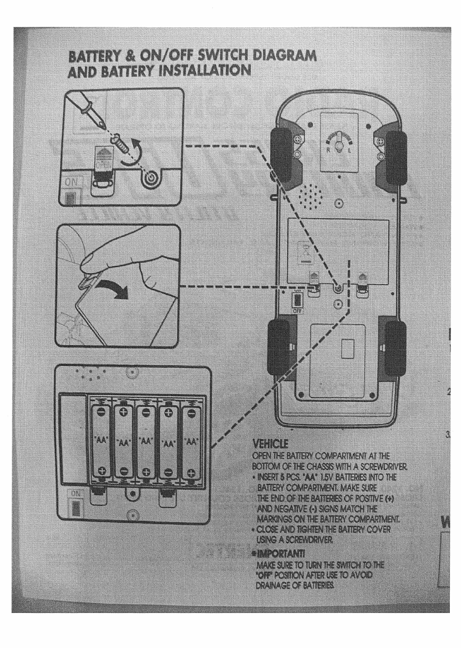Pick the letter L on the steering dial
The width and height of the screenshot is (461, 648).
tap(349, 151)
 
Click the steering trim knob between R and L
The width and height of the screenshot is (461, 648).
tap(339, 146)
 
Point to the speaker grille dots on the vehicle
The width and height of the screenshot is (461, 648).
tap(311, 196)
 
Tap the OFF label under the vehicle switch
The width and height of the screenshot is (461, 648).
tap(297, 311)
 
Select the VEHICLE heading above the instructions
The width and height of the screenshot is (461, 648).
tap(269, 445)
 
